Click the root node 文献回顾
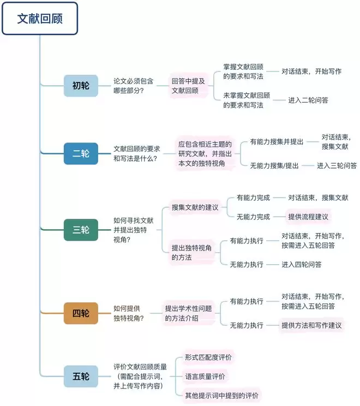point(40,19)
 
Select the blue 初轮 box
point(81,86)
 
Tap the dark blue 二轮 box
point(81,154)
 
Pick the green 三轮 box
point(81,229)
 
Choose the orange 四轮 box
point(81,313)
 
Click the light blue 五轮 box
point(81,377)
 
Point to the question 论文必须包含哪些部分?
point(133,86)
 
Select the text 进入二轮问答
point(308,100)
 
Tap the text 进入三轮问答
point(337,165)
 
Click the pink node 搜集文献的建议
point(195,207)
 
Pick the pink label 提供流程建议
point(308,217)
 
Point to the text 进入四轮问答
point(301,264)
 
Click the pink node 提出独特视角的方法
point(191,252)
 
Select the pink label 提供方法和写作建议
point(311,325)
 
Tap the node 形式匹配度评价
point(208,357)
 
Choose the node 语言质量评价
point(205,376)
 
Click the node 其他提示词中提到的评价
point(221,395)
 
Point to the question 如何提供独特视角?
point(129,313)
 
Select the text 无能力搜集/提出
point(274,165)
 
